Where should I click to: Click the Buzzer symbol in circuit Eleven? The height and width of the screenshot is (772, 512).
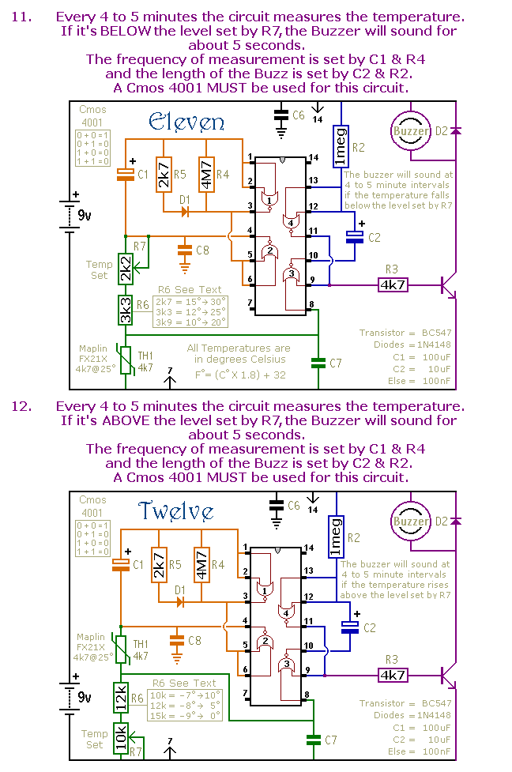pyautogui.click(x=411, y=130)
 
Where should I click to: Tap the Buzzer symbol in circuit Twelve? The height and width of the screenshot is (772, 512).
pyautogui.click(x=411, y=521)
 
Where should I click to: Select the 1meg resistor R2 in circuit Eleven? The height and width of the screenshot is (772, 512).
pyautogui.click(x=341, y=147)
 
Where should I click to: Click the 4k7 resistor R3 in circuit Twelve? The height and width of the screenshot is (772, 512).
pyautogui.click(x=393, y=675)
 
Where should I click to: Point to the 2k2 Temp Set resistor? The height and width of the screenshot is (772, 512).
pyautogui.click(x=126, y=269)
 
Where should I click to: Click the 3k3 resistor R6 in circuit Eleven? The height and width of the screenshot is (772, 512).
pyautogui.click(x=126, y=311)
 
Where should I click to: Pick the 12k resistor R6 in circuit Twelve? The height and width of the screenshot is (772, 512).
pyautogui.click(x=121, y=698)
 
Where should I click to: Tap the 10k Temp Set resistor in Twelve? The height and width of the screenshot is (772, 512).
pyautogui.click(x=121, y=738)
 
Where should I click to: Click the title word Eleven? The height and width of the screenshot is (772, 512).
pyautogui.click(x=186, y=122)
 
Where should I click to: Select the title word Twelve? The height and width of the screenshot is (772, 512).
pyautogui.click(x=175, y=511)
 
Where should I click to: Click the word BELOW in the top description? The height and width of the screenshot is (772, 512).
pyautogui.click(x=126, y=31)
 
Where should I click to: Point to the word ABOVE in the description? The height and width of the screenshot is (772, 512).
pyautogui.click(x=126, y=420)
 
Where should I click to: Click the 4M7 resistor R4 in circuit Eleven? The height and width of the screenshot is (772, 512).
pyautogui.click(x=206, y=175)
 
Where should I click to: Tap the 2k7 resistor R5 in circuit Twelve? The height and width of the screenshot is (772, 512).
pyautogui.click(x=159, y=565)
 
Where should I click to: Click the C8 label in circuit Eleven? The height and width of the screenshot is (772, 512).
pyautogui.click(x=202, y=250)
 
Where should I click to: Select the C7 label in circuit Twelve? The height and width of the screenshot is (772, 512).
pyautogui.click(x=331, y=740)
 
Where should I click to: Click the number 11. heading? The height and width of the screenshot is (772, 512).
pyautogui.click(x=21, y=17)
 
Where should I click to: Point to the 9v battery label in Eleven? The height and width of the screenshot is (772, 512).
pyautogui.click(x=85, y=215)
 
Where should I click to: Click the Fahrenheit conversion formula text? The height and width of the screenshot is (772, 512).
pyautogui.click(x=240, y=375)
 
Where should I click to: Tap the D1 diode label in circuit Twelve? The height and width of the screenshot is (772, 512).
pyautogui.click(x=180, y=589)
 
